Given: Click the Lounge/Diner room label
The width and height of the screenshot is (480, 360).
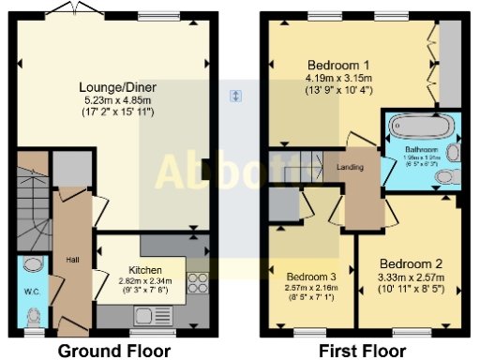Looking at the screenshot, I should [x=117, y=87].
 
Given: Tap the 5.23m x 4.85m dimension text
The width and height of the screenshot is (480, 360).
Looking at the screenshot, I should [x=117, y=100].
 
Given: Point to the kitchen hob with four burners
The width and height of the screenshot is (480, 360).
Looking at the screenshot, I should [x=198, y=284].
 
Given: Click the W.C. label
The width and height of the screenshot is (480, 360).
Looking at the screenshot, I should [x=31, y=290].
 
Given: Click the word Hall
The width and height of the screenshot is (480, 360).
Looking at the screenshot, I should [x=71, y=259].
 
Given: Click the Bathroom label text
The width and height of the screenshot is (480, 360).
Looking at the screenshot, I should [x=421, y=149].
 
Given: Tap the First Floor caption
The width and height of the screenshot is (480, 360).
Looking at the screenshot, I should [x=362, y=351].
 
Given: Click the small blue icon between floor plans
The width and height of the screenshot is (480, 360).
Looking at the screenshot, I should [x=236, y=96].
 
